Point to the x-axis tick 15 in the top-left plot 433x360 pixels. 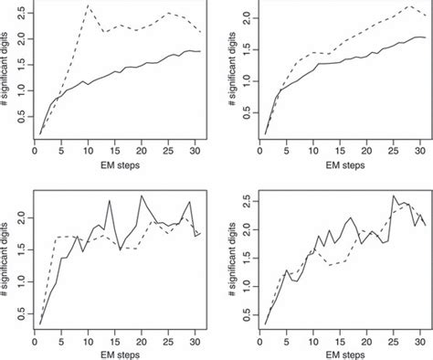point(111,151)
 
